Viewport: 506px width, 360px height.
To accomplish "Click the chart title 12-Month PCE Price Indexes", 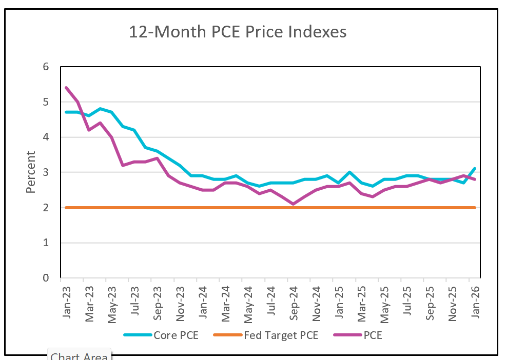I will click(238, 32).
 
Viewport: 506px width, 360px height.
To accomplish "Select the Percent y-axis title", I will click(31, 172).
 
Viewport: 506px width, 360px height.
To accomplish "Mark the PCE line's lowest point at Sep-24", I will click(293, 204).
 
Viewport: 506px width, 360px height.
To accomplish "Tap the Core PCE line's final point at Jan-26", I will click(475, 169).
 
